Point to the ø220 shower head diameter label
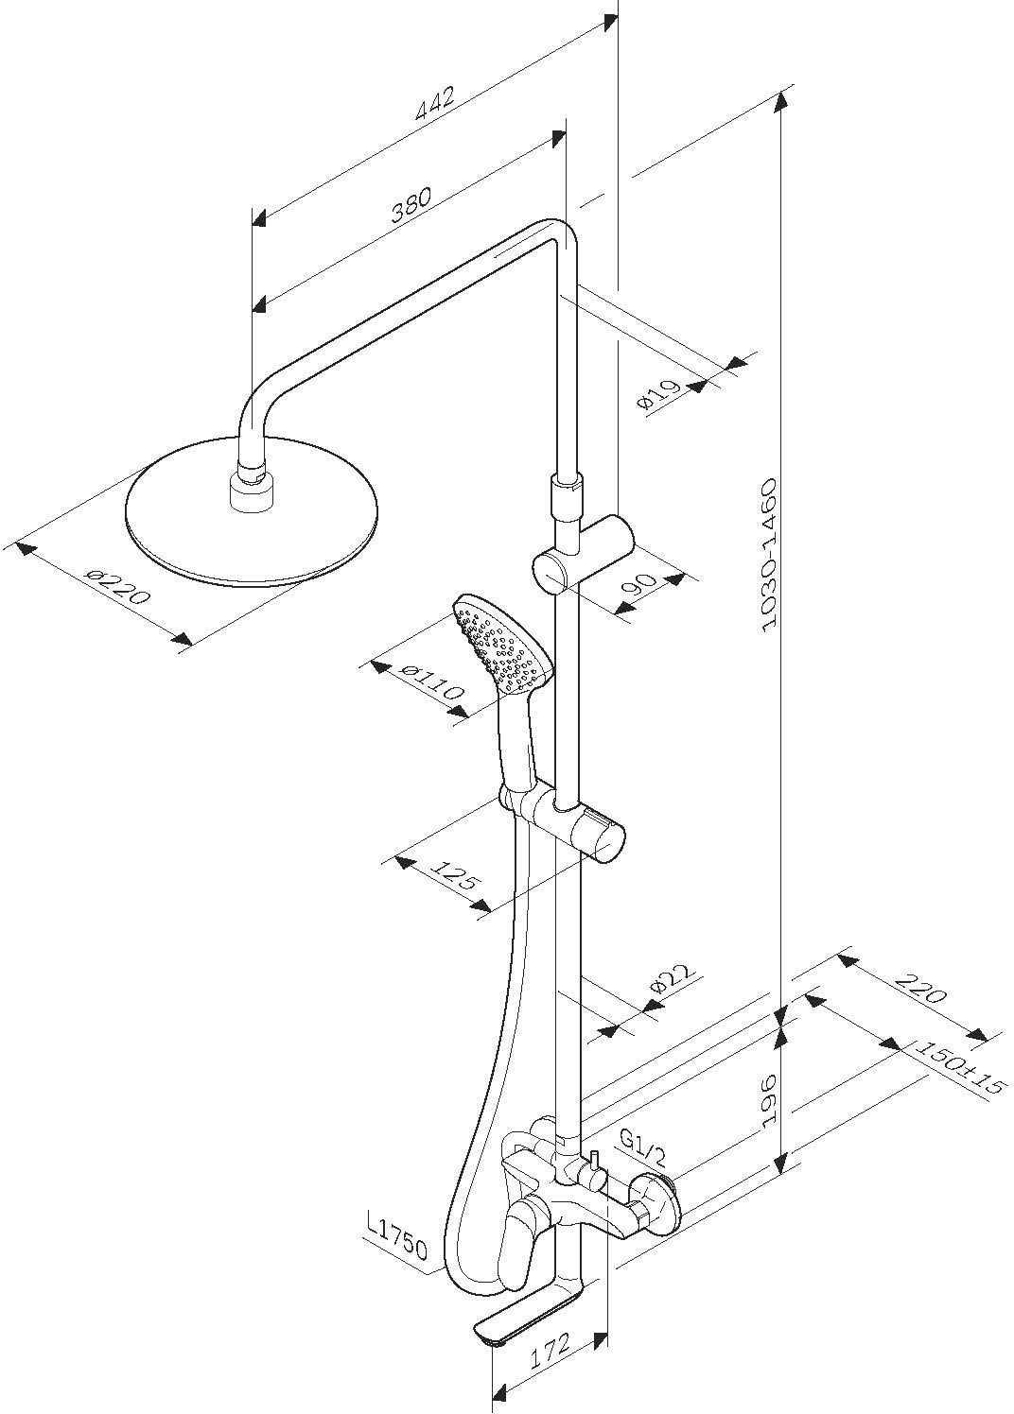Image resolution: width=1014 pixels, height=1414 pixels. click(117, 586)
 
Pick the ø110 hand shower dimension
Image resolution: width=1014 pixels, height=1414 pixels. click(431, 682)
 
